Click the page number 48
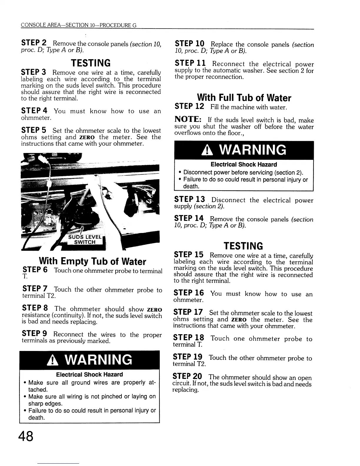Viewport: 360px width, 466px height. tap(26, 436)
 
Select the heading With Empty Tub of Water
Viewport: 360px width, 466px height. tap(92, 261)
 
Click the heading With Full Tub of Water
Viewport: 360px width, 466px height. tap(244, 98)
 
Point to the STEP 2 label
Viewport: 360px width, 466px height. tap(34, 43)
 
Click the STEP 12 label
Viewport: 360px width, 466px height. tap(189, 106)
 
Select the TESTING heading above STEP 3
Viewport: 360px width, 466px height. tap(91, 63)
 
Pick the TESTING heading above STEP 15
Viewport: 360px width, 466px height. tap(243, 246)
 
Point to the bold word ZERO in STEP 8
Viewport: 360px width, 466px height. tap(154, 310)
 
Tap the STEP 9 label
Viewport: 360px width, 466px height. tap(35, 334)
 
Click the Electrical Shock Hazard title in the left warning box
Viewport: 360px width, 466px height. tap(89, 375)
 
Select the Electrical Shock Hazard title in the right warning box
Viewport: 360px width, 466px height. tap(244, 164)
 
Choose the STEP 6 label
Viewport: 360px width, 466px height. tap(35, 270)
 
